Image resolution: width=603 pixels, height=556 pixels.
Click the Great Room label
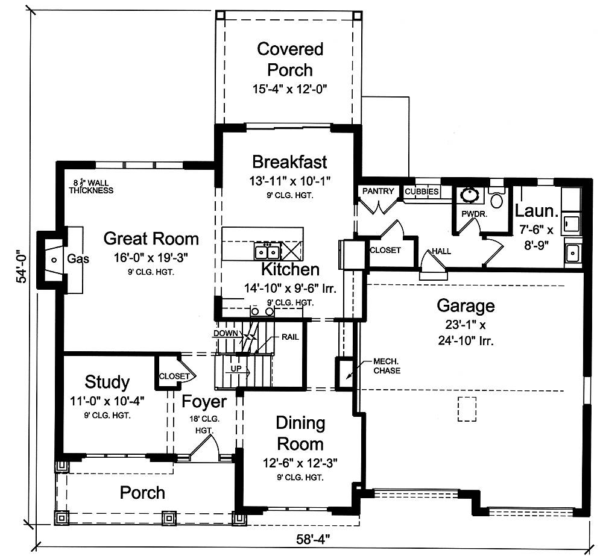[x=151, y=239]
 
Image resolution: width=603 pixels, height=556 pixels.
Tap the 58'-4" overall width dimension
[x=313, y=540]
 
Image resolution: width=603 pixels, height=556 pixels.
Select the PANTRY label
[x=379, y=192]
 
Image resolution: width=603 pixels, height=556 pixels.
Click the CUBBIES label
[x=421, y=192]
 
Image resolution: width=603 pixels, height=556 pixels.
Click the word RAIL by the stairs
[x=290, y=337]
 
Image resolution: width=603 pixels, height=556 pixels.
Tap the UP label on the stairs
[x=236, y=369]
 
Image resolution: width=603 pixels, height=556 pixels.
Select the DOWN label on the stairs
[x=226, y=333]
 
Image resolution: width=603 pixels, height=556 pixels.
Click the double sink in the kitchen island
[x=267, y=252]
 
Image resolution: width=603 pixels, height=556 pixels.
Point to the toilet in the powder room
[x=497, y=198]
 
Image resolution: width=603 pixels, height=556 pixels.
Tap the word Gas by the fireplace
[x=78, y=258]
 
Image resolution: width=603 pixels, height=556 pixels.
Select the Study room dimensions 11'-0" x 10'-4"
[x=107, y=401]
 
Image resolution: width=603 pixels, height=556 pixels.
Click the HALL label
[x=441, y=251]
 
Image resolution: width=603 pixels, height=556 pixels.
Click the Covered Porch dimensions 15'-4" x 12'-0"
[x=289, y=89]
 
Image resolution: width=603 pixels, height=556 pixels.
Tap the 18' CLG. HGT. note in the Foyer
[x=204, y=425]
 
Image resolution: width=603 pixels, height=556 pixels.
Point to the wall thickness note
[x=91, y=187]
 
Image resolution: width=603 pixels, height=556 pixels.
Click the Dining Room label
[x=300, y=434]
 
